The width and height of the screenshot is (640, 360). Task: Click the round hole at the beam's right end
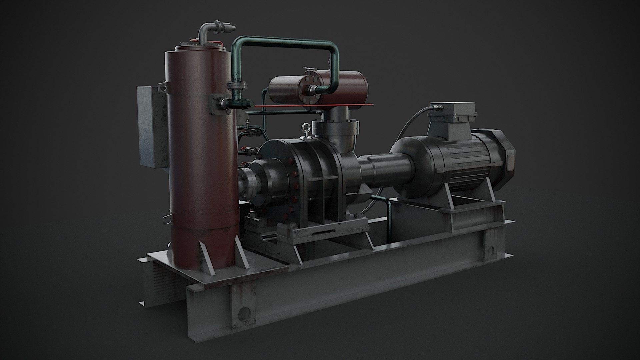(491, 249)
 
